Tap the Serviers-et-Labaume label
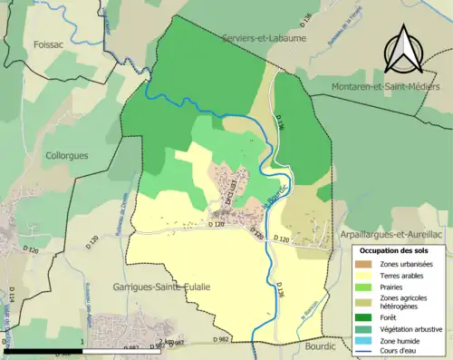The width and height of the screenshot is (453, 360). click(x=264, y=39)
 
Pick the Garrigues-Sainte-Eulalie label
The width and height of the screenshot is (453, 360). click(x=161, y=287)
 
